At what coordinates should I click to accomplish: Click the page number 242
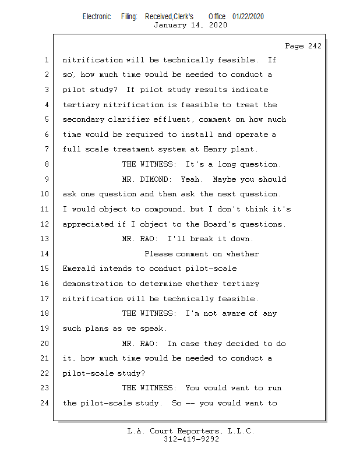pyautogui.click(x=312, y=46)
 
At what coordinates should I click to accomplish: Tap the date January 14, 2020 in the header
pyautogui.click(x=190, y=25)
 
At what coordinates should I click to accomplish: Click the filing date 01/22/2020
pyautogui.click(x=248, y=16)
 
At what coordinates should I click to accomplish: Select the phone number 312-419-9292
pyautogui.click(x=191, y=439)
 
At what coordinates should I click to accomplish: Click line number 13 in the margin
pyautogui.click(x=46, y=239)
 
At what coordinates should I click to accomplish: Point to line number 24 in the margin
pyautogui.click(x=46, y=403)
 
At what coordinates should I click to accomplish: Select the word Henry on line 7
pyautogui.click(x=215, y=149)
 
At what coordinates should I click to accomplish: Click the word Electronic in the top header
pyautogui.click(x=96, y=16)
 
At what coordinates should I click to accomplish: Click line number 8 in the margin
pyautogui.click(x=46, y=164)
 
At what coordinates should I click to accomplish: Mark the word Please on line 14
pyautogui.click(x=158, y=254)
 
